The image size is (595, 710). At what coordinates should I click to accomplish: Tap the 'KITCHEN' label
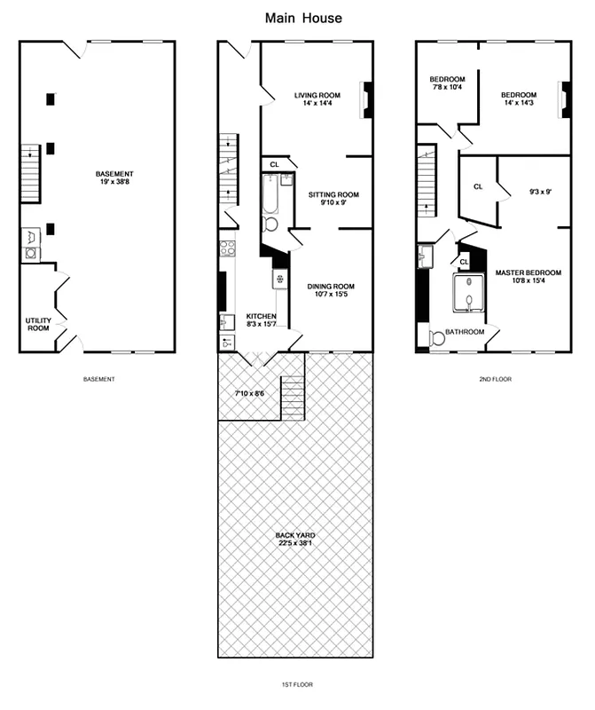tap(261, 320)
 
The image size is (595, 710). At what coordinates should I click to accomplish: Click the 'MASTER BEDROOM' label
tap(528, 277)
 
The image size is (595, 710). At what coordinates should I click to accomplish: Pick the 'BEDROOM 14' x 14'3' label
tap(518, 99)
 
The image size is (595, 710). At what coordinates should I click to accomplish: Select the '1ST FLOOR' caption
tap(295, 684)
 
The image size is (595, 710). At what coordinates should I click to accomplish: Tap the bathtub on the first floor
tap(270, 195)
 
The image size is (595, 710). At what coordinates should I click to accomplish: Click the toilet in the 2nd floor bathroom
tap(435, 339)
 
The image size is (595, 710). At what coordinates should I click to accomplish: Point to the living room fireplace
tap(368, 99)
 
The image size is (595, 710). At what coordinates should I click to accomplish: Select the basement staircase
tap(31, 173)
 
